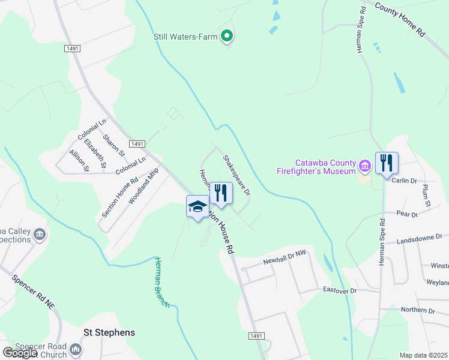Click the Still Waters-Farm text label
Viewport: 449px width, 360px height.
(185, 37)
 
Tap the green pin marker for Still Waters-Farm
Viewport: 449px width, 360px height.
(227, 37)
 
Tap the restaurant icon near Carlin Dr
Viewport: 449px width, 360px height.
(387, 163)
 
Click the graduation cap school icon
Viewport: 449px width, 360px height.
(197, 207)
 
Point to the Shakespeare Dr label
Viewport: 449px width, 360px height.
(237, 175)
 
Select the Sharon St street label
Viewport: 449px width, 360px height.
(113, 145)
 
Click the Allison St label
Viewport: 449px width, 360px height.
(79, 161)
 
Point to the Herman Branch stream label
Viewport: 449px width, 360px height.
(161, 281)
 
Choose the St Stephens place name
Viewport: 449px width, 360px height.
(109, 332)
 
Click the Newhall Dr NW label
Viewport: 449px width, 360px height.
(284, 258)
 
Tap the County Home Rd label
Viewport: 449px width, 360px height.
(400, 20)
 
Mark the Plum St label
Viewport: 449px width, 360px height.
(426, 196)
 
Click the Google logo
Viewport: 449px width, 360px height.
(20, 353)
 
